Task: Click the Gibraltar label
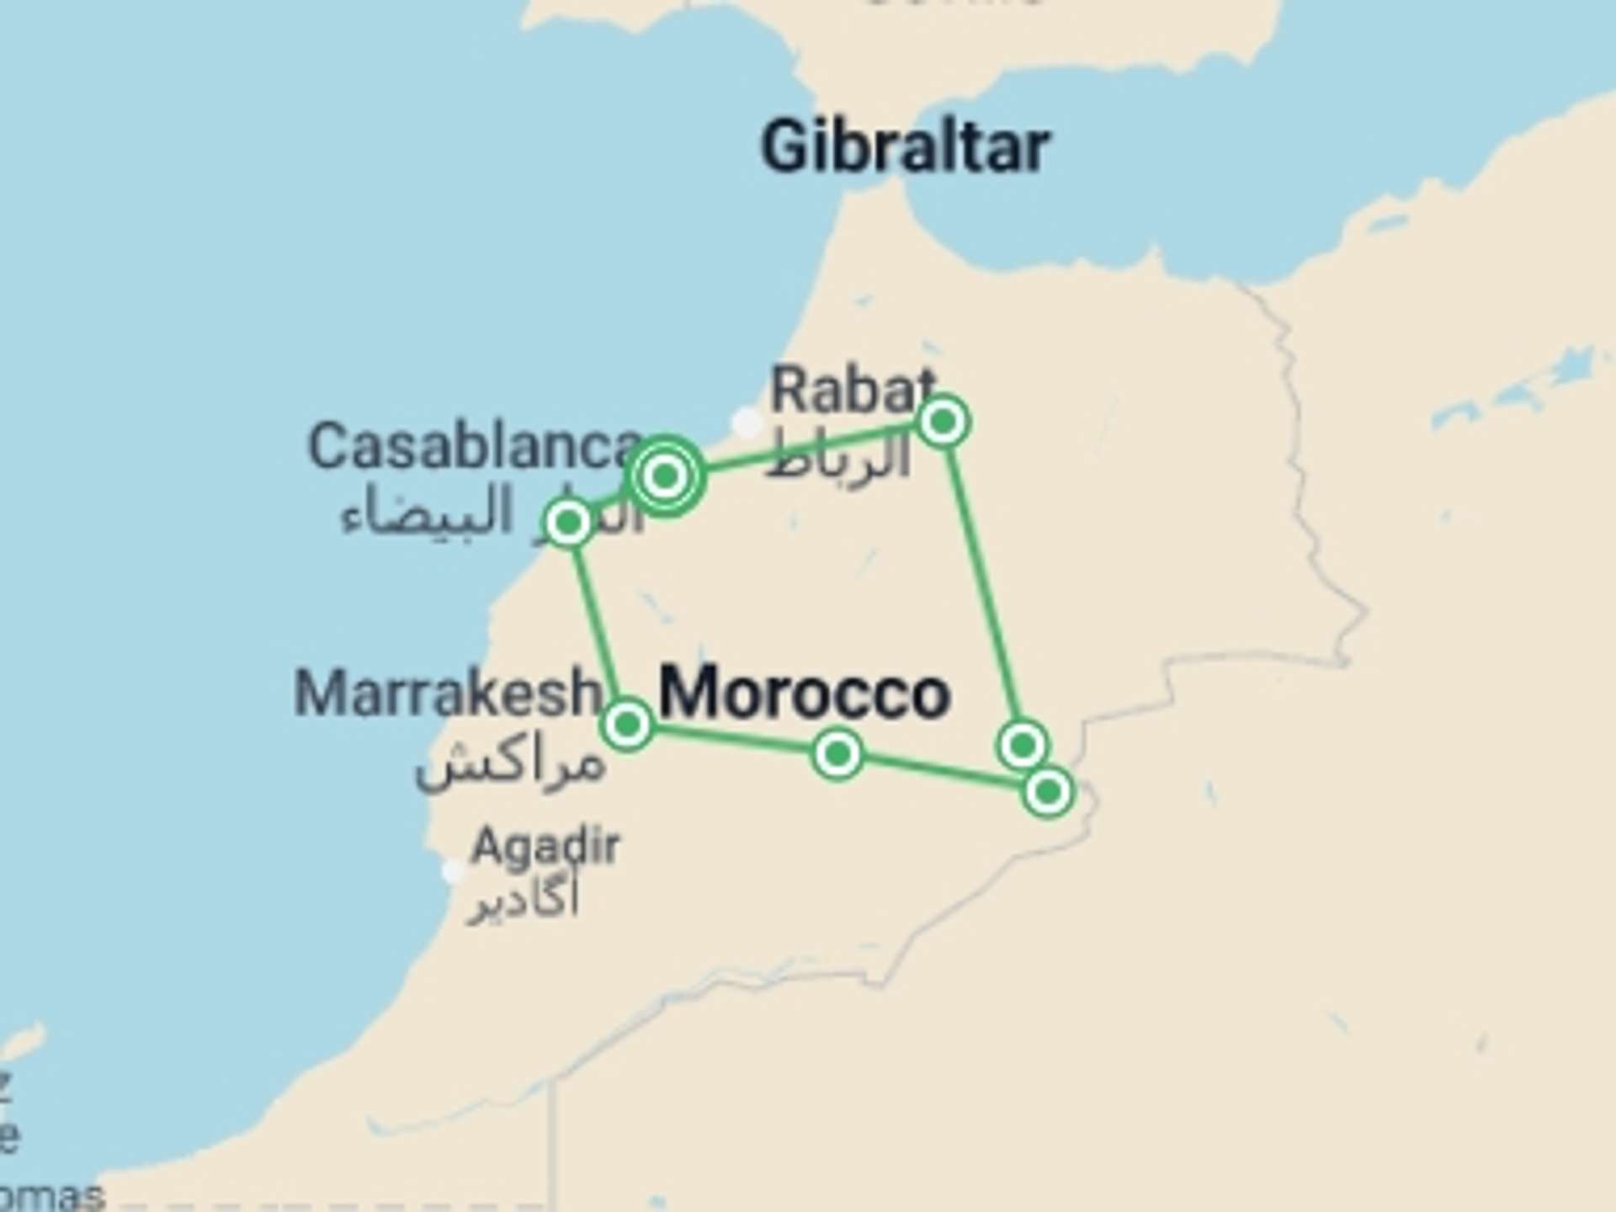[905, 147]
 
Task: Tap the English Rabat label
[852, 391]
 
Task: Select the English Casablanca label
[473, 446]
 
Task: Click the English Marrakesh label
[446, 693]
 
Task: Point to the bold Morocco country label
[805, 693]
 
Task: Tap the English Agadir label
[545, 845]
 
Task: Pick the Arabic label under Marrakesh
[510, 764]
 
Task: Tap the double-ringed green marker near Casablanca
[665, 476]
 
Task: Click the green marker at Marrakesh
[628, 723]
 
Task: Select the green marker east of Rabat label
[944, 420]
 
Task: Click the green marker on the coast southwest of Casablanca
[568, 523]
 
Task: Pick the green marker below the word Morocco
[837, 753]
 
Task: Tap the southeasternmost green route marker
[1048, 792]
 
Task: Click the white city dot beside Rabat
[747, 422]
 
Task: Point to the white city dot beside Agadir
[454, 871]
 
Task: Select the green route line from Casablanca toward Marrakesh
[598, 623]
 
